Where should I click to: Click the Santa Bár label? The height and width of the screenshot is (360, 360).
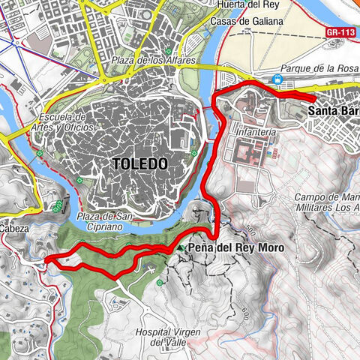point(333,111)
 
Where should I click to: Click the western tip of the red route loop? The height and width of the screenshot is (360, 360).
point(46,259)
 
